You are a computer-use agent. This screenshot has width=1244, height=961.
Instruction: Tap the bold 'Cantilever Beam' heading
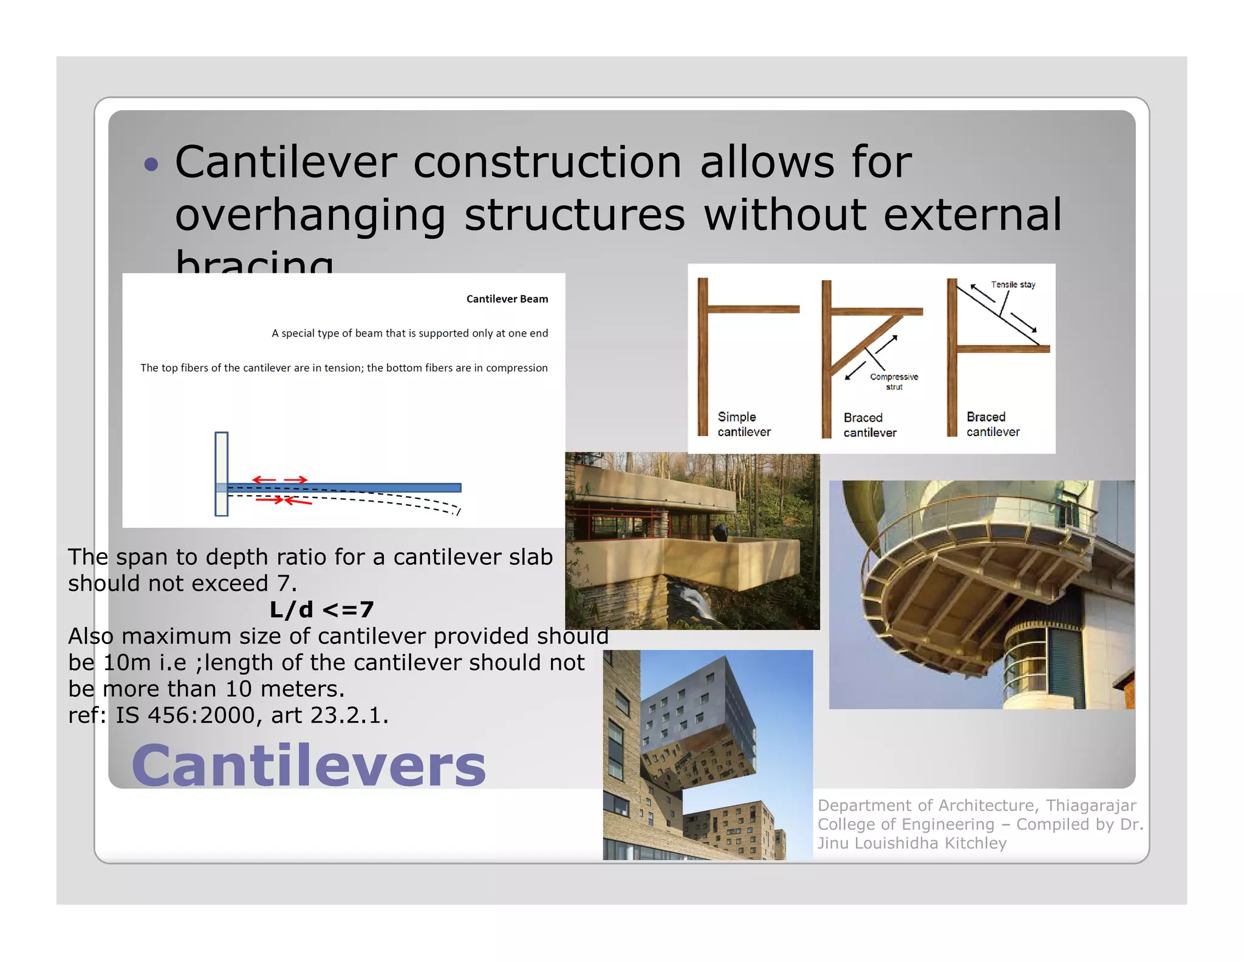(507, 299)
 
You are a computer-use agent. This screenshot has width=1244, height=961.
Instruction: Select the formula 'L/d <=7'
(321, 609)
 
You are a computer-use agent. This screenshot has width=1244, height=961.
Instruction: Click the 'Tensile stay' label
(1013, 284)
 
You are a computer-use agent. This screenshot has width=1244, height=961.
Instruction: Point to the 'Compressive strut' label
(894, 381)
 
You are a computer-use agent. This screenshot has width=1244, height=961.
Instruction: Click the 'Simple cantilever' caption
(743, 424)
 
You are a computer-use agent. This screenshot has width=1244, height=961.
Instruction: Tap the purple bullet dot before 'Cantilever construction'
(151, 164)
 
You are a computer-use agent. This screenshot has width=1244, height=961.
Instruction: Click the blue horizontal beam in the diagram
(364, 487)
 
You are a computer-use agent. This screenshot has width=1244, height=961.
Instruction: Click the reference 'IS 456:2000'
(186, 715)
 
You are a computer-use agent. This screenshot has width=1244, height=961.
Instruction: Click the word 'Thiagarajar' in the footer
(1091, 805)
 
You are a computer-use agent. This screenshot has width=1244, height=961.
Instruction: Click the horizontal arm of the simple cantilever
(753, 309)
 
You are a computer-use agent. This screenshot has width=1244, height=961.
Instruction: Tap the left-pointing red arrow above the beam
(264, 480)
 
